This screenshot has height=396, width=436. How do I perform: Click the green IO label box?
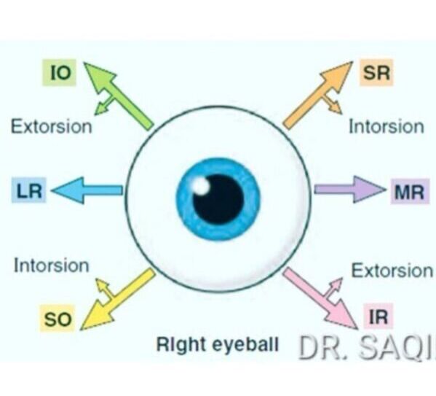(x=59, y=72)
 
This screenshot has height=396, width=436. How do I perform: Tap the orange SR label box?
(x=376, y=72)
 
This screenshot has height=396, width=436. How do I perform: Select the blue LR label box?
(x=29, y=190)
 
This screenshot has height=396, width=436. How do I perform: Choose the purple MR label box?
(x=410, y=192)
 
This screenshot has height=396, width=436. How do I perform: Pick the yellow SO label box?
(x=58, y=319)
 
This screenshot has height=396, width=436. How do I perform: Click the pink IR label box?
(x=378, y=317)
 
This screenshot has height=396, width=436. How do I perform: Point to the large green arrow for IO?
(x=118, y=96)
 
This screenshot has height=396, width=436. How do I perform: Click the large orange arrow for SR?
(x=318, y=96)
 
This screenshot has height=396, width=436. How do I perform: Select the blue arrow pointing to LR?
(x=87, y=190)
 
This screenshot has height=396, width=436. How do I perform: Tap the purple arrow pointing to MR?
(x=350, y=190)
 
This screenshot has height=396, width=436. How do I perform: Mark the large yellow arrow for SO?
(x=118, y=300)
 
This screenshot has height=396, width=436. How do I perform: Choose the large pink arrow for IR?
(x=320, y=298)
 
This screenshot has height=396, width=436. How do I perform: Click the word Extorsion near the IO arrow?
(x=52, y=127)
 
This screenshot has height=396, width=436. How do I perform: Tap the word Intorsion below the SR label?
(x=387, y=127)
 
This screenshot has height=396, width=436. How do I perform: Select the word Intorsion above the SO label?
(x=52, y=265)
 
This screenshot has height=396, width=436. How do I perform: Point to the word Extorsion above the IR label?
(x=392, y=271)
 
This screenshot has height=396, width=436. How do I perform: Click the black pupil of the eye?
(x=218, y=199)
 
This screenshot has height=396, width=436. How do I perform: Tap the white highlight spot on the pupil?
(x=200, y=186)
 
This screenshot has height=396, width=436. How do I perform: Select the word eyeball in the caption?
(x=245, y=344)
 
